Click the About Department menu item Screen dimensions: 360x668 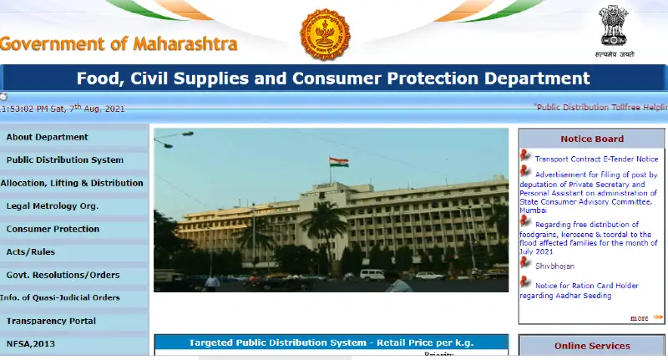point(47,137)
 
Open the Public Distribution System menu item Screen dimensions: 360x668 point(64,160)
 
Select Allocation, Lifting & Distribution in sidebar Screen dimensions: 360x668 point(72,183)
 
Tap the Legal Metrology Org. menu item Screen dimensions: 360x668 point(53,206)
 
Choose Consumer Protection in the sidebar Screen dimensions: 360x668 point(53,229)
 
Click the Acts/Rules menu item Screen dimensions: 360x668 point(31,252)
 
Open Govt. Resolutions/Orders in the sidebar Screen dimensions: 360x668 point(63,275)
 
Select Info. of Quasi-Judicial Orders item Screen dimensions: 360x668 point(60,298)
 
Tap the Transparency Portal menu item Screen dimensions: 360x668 point(52,321)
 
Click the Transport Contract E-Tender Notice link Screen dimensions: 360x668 point(596,159)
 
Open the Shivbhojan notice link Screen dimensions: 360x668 point(554,266)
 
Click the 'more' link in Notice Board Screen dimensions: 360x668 point(640,318)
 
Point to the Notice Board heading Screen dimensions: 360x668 point(592,139)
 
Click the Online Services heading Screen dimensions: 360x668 point(592,346)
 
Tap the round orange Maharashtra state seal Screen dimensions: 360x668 point(325,34)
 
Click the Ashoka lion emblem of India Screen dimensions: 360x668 point(612,27)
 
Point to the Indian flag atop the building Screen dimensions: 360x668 point(338,162)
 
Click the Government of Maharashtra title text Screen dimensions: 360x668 point(119,44)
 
